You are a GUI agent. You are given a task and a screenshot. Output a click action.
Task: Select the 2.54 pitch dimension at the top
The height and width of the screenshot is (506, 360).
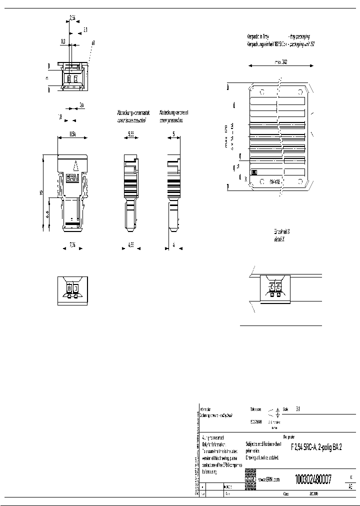(x=72, y=17)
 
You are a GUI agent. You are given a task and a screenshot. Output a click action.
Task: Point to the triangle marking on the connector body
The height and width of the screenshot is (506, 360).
(x=74, y=165)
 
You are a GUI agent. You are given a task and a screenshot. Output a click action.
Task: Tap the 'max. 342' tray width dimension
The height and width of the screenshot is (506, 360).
(x=280, y=63)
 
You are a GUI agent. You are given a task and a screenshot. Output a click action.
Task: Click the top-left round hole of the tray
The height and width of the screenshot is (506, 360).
(x=261, y=92)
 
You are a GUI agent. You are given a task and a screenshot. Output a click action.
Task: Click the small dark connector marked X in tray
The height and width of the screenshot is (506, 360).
(x=253, y=172)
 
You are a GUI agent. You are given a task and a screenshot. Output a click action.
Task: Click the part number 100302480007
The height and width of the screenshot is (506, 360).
(x=313, y=478)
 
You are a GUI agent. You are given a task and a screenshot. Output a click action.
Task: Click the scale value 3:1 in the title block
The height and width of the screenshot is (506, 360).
(x=298, y=408)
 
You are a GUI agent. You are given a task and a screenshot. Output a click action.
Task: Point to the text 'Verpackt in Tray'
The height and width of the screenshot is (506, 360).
(x=259, y=37)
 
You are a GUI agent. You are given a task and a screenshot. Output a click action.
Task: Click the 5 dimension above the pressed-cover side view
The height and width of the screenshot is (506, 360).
(x=173, y=134)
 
